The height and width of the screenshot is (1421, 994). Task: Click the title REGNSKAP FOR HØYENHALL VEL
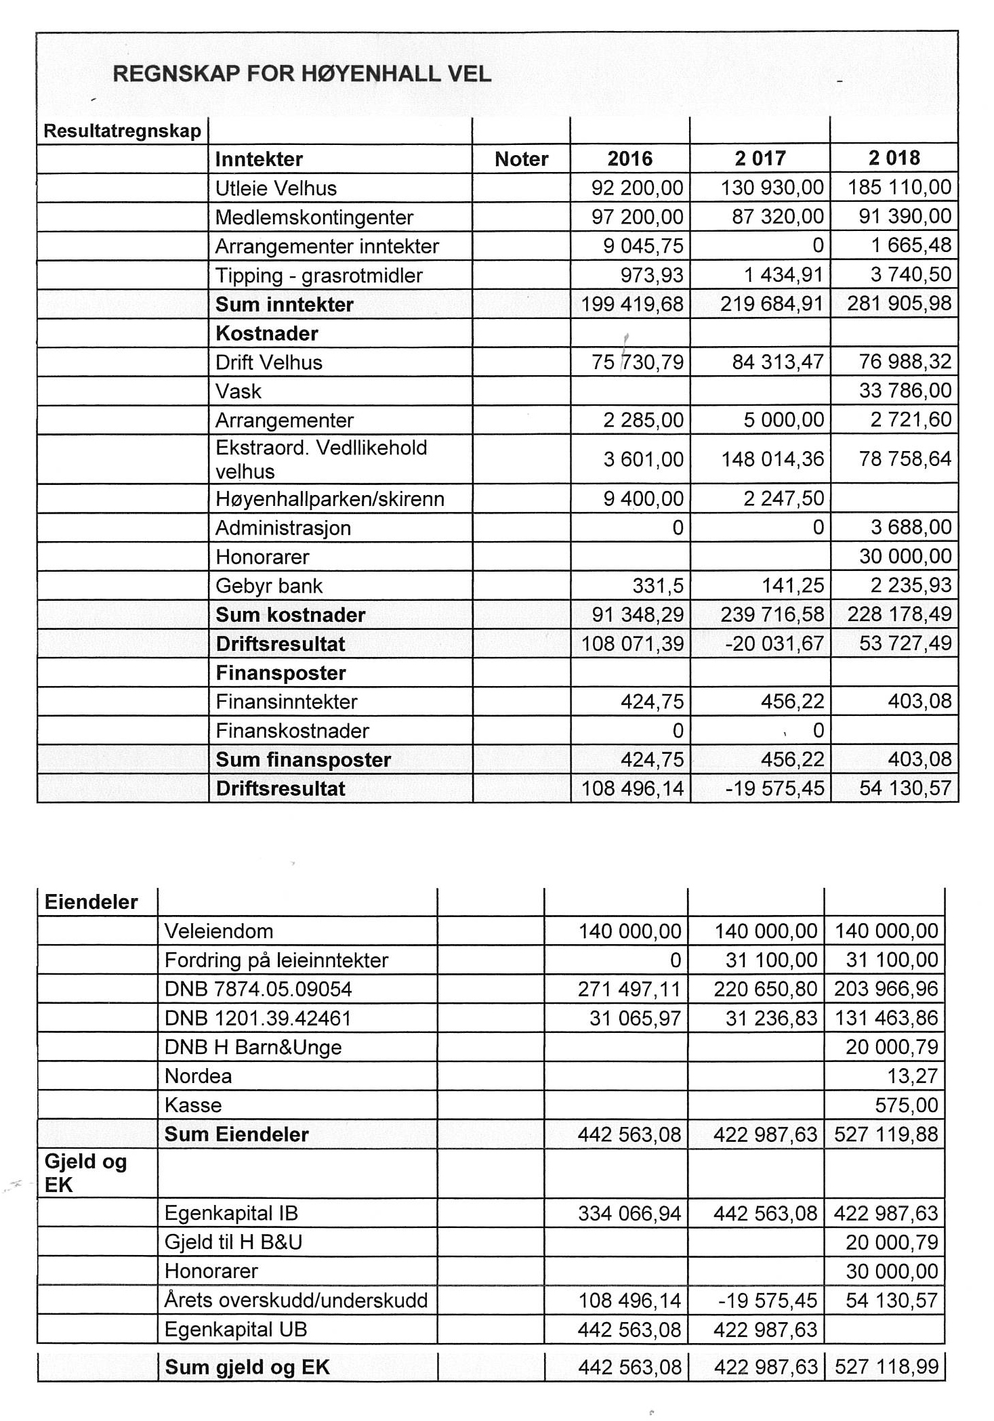click(x=302, y=74)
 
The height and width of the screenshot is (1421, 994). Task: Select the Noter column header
click(x=521, y=159)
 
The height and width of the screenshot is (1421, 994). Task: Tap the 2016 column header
click(x=629, y=159)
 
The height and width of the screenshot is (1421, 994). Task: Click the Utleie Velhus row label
click(x=276, y=188)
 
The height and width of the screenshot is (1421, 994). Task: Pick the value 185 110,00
click(x=899, y=188)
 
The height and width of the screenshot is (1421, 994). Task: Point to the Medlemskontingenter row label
click(x=314, y=217)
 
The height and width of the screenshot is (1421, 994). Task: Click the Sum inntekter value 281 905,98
click(x=899, y=303)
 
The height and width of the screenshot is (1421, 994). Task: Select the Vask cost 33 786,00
click(x=905, y=391)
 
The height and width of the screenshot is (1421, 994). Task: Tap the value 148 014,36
click(x=772, y=459)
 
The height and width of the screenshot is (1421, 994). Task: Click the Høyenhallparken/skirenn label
click(x=329, y=499)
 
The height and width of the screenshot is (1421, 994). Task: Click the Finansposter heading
click(x=281, y=673)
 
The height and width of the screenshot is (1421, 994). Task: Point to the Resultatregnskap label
click(x=122, y=131)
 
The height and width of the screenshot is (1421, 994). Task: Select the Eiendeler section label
click(x=91, y=902)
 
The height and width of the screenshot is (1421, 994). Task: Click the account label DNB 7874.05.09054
click(x=257, y=990)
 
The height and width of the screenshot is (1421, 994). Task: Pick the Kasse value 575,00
click(x=906, y=1105)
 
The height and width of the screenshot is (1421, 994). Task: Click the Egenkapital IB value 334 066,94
click(x=629, y=1213)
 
